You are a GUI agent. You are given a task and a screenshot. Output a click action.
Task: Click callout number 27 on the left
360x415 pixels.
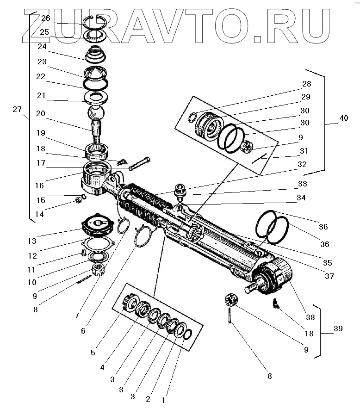coord(17,110)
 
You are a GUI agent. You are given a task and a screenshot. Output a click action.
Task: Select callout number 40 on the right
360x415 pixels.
coord(343,118)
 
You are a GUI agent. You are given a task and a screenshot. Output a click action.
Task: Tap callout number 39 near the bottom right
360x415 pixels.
coord(338,329)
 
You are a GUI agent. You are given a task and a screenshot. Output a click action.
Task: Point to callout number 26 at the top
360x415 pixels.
coord(45,19)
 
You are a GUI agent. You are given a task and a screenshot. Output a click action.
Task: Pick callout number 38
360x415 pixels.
coord(310,318)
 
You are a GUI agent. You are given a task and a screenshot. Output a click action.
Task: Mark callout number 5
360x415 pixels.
coord(93,353)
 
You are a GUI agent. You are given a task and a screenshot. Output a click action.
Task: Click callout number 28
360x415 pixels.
coord(306,84)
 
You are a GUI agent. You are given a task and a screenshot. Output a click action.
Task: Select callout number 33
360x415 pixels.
coord(302,184)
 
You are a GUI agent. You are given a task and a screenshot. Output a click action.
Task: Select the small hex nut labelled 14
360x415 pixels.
coord(79,200)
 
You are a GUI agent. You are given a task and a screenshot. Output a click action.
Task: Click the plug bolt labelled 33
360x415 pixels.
coord(179,190)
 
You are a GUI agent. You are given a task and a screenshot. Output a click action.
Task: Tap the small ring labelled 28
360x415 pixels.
coord(193,117)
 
